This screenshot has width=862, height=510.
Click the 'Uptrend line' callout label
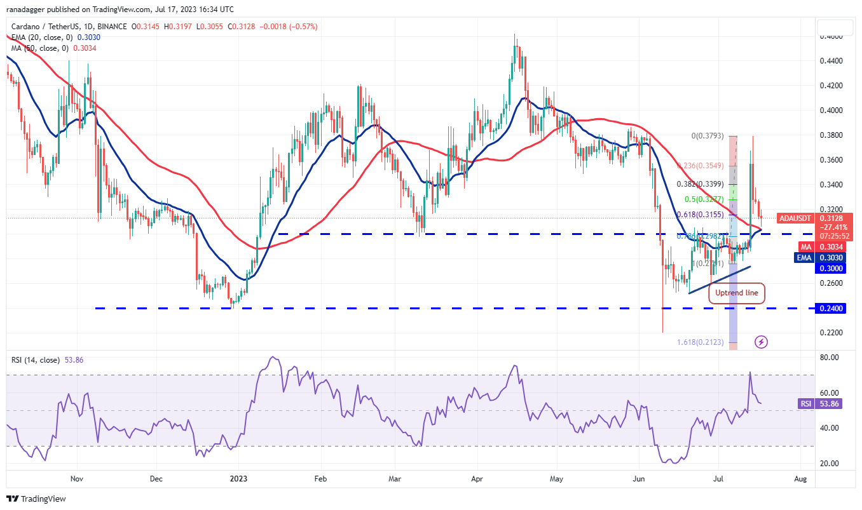pos(737,293)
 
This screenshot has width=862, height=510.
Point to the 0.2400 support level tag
pos(831,308)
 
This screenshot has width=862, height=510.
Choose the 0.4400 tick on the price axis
pos(831,61)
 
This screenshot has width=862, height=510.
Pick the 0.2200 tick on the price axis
pos(831,333)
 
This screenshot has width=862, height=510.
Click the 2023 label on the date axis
pos(238,478)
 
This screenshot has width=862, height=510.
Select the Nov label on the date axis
pos(76,478)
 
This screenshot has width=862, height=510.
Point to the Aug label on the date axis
pos(800,478)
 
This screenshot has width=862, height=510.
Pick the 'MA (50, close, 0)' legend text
pos(39,48)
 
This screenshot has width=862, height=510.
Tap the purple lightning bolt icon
pos(762,342)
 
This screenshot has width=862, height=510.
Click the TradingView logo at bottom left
pos(36,499)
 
